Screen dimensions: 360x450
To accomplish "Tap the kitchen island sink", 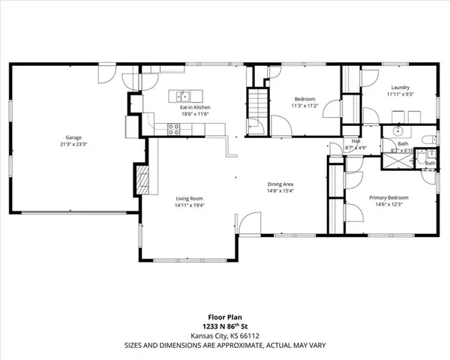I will (x=182, y=95).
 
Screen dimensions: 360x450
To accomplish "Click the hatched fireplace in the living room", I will (x=140, y=180).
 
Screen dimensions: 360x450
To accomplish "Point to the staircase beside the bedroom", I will (x=258, y=100).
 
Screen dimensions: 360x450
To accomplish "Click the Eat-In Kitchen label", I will (x=194, y=107).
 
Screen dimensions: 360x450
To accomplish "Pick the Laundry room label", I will (x=399, y=87).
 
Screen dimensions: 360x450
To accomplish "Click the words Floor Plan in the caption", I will (x=224, y=317).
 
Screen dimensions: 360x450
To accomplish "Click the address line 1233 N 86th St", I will (x=224, y=326).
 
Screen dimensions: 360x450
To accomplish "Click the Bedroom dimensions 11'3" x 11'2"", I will (x=304, y=106).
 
